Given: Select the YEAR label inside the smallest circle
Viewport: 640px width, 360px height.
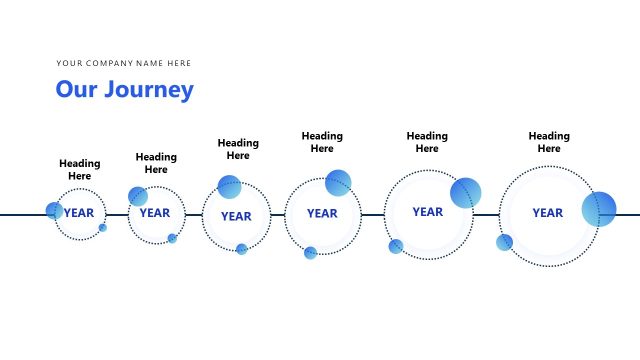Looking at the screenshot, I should [x=80, y=213].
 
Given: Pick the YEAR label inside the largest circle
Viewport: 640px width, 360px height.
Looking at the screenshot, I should [x=547, y=213].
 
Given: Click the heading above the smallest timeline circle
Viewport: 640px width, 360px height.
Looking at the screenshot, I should [x=80, y=170].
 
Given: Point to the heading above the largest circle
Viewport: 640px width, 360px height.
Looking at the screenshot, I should [x=549, y=142].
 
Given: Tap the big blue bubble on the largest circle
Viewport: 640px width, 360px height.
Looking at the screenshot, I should [x=599, y=209].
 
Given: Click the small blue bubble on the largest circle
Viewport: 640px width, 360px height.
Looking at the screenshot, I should [x=504, y=242].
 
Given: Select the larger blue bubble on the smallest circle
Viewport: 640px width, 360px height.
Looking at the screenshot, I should [x=54, y=211].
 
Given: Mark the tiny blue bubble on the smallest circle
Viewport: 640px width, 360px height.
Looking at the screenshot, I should [x=102, y=228].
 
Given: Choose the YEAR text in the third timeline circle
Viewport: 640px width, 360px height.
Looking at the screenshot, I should [x=236, y=216].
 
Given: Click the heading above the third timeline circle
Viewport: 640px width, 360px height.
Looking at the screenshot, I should [x=238, y=149].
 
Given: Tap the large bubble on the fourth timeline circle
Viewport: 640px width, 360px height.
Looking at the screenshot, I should [x=338, y=183].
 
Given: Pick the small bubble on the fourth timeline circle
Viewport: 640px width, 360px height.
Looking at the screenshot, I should [x=310, y=253].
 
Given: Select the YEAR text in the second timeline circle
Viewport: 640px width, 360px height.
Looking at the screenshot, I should [x=155, y=213].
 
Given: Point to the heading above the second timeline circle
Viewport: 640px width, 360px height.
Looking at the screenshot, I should [x=156, y=163].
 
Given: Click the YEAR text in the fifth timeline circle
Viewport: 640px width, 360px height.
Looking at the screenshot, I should [x=427, y=212].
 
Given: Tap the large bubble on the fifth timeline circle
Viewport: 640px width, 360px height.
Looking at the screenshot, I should [x=465, y=193].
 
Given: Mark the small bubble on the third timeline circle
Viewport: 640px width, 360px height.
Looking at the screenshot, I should [x=241, y=249].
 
